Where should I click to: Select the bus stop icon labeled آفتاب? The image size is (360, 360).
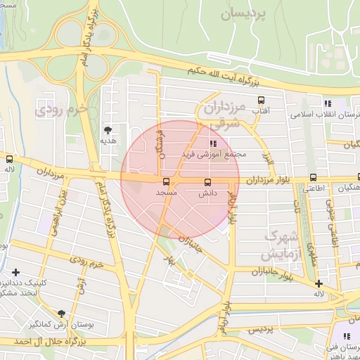click(x=261, y=100)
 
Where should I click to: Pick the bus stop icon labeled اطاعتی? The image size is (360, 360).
click(x=313, y=178)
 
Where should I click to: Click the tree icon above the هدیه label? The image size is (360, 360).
click(x=108, y=130)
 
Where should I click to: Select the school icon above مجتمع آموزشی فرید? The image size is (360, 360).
click(x=213, y=143)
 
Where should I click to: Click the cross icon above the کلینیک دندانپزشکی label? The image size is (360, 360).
click(x=15, y=271)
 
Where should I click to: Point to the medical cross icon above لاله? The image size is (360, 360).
click(x=319, y=283)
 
